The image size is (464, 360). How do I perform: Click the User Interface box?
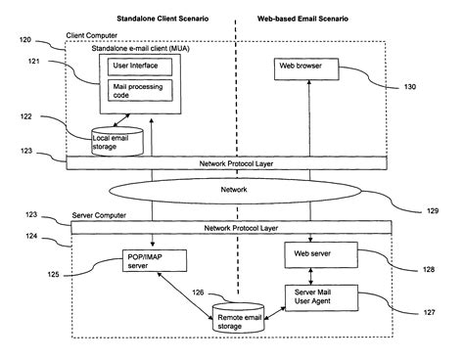[140, 67]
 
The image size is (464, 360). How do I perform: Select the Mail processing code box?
[140, 90]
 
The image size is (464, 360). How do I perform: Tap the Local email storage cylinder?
[117, 141]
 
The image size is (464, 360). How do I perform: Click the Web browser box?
[306, 69]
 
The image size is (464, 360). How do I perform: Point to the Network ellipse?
[235, 191]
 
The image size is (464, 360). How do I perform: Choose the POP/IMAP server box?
[155, 260]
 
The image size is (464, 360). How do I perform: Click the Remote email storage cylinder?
[238, 318]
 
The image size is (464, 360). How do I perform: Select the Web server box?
[321, 255]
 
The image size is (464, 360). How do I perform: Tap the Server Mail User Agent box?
[321, 297]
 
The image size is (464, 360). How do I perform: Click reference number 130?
[410, 87]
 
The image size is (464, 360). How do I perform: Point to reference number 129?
[433, 211]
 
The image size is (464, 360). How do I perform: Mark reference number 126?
[198, 292]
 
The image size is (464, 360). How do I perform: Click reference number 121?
[34, 61]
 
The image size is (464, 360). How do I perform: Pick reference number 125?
[53, 275]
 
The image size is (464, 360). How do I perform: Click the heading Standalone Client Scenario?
[162, 19]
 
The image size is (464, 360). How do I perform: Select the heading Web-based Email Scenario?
[302, 19]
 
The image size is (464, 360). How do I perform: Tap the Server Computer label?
[99, 215]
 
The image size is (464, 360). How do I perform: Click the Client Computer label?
[92, 35]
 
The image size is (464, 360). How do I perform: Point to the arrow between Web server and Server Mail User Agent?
[310, 277]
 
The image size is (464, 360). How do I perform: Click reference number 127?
[429, 312]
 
